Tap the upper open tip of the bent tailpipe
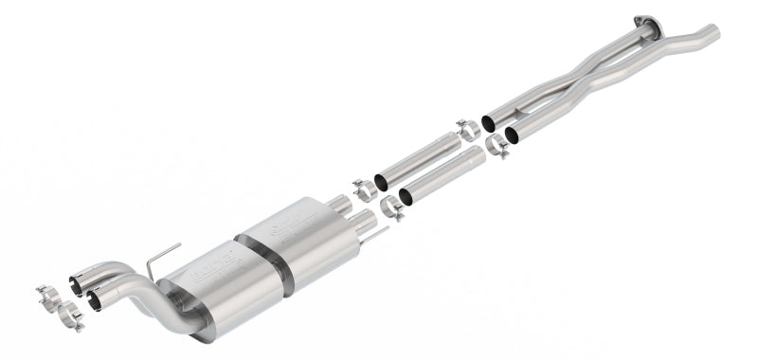[76, 280]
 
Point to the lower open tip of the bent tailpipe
[93, 300]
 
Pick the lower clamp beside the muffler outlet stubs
[391, 207]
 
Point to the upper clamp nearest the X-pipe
[468, 130]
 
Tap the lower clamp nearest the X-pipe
[496, 147]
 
